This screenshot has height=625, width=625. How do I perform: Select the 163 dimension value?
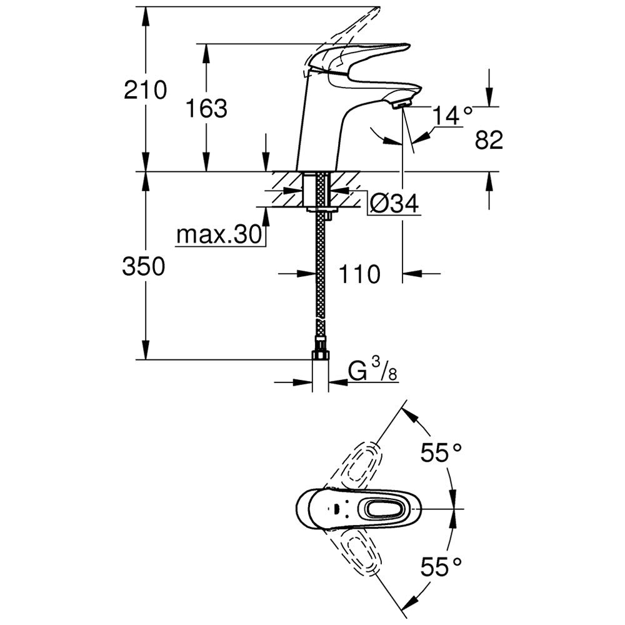coord(206,108)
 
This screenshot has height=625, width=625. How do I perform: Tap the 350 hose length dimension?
coord(144,266)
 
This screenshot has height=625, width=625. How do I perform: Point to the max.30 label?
coord(219,234)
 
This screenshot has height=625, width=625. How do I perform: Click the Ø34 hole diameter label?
coord(394,204)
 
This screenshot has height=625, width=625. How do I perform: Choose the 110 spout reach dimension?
coord(359,274)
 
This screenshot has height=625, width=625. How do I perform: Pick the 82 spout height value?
coord(489,140)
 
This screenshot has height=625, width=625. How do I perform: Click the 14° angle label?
coord(452,116)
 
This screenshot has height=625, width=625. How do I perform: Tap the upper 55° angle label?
coord(441,452)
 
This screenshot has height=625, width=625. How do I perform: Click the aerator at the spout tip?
coord(401,104)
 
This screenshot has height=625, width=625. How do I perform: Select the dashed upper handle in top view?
coord(356,466)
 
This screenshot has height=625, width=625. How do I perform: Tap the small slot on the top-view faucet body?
coord(337,509)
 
